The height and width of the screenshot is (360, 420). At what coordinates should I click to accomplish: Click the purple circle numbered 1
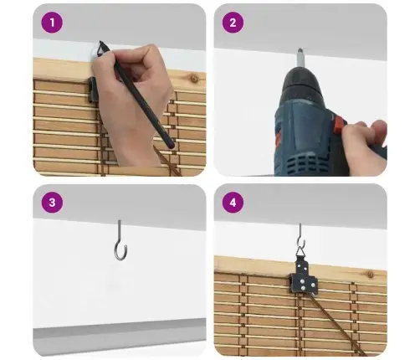(52, 23)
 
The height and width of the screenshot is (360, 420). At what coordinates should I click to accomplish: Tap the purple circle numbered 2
(233, 23)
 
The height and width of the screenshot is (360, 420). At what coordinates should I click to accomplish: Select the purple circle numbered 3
(52, 203)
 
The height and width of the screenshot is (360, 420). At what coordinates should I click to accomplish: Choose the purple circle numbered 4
(233, 203)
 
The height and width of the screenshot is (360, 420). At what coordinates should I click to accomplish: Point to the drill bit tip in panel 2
(300, 49)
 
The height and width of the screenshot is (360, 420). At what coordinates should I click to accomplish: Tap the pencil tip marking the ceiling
(100, 42)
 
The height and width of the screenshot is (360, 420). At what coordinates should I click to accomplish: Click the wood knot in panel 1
(194, 79)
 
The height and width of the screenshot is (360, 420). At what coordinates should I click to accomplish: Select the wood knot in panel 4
(371, 275)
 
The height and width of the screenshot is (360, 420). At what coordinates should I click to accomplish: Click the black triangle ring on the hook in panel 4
(300, 252)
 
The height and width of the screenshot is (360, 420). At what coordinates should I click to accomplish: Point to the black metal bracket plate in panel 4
(304, 277)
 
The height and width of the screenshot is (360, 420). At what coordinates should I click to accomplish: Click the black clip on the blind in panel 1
(94, 90)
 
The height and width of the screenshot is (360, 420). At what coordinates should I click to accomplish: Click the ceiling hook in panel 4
(301, 237)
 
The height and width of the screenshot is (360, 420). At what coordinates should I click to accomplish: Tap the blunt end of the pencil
(170, 145)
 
